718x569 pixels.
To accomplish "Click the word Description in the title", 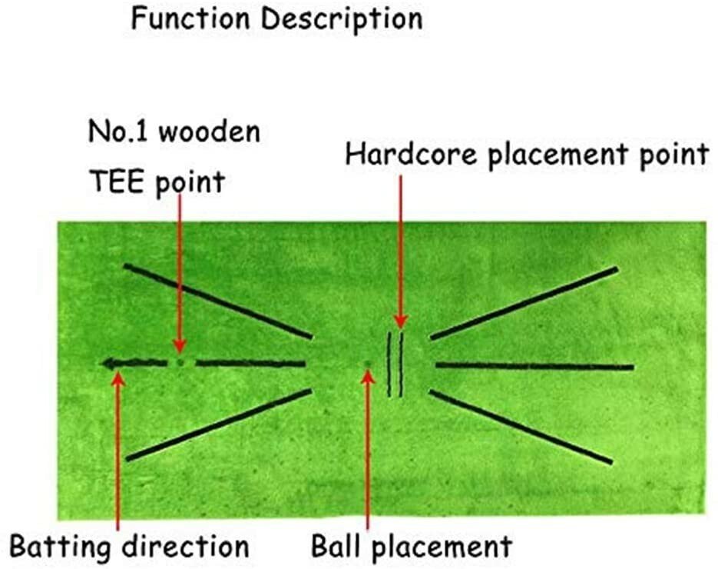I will [341, 20].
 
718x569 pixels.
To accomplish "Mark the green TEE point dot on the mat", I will [180, 362].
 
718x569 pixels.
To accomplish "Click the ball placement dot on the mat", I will [368, 364].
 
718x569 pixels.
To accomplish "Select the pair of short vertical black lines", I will [395, 364].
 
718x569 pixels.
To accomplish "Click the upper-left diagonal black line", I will [218, 301].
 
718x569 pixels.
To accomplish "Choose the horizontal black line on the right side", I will [534, 365].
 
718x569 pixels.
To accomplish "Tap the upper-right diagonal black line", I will [524, 303].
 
